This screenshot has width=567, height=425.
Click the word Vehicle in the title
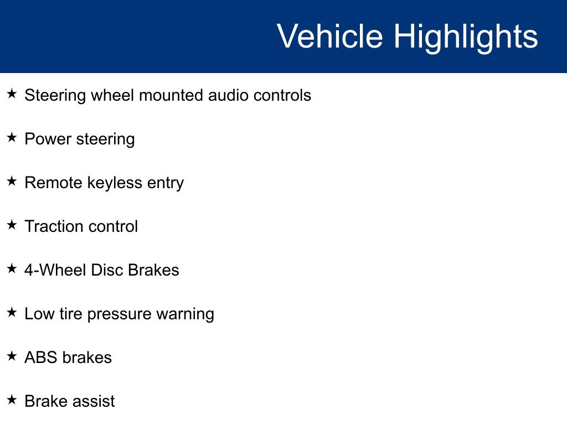coord(330,36)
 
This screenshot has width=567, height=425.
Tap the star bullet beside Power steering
coord(12,137)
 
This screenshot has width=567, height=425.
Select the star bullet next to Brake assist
coord(12,400)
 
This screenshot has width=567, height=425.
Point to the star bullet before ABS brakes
coord(12,356)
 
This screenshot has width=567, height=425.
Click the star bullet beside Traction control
coord(12,225)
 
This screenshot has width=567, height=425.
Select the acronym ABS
coord(41,357)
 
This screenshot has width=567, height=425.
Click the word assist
coord(94,401)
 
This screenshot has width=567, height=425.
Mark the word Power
coord(48,139)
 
